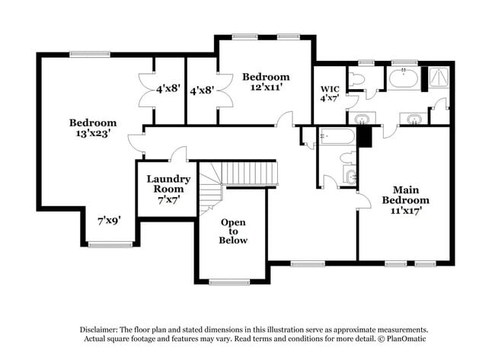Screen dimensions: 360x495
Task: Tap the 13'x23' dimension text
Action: pos(93,134)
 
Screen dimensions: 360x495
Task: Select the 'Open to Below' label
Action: pos(233,231)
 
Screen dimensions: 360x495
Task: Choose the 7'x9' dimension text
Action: pos(109,221)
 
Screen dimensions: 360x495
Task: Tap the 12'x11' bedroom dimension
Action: pos(266,88)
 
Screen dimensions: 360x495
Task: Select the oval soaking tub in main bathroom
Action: pos(401,78)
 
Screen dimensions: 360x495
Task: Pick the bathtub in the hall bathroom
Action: pos(337,137)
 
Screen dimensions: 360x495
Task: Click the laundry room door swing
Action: pos(180,155)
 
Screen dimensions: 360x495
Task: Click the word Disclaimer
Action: pos(104,329)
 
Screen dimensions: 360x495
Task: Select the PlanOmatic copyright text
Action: pos(402,338)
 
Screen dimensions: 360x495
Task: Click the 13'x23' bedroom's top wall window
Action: pos(89,53)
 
